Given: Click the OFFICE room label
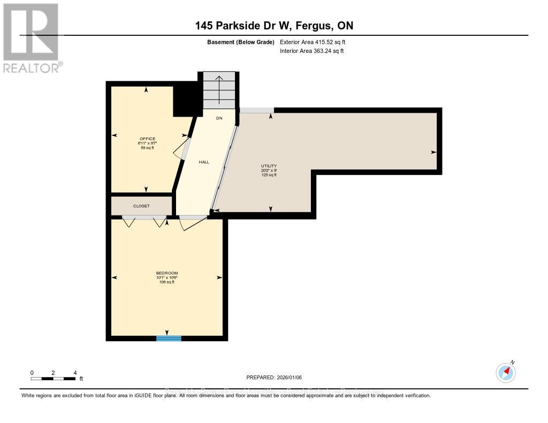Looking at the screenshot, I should (x=146, y=139).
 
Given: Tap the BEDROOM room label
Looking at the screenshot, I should (x=167, y=273).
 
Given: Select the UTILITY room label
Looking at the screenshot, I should (x=269, y=166).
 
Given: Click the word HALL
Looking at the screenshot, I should (x=204, y=161).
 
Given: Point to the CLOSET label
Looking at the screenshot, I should (x=141, y=206).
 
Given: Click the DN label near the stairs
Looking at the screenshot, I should (x=219, y=118).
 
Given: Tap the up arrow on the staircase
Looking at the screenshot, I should (x=219, y=86).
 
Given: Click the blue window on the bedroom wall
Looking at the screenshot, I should (x=169, y=338).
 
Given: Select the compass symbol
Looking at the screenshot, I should (x=506, y=372).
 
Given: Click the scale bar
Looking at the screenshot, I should (x=53, y=379).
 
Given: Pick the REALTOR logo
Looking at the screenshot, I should (x=31, y=37).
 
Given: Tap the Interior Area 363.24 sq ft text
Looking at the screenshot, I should (x=311, y=51).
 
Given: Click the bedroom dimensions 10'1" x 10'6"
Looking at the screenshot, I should (x=167, y=278).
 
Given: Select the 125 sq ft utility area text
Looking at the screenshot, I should (x=269, y=175).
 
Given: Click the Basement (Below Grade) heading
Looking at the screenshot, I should (x=241, y=42).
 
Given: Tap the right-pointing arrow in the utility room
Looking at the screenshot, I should (x=433, y=152).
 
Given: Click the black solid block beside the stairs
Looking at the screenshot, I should (x=185, y=100).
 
